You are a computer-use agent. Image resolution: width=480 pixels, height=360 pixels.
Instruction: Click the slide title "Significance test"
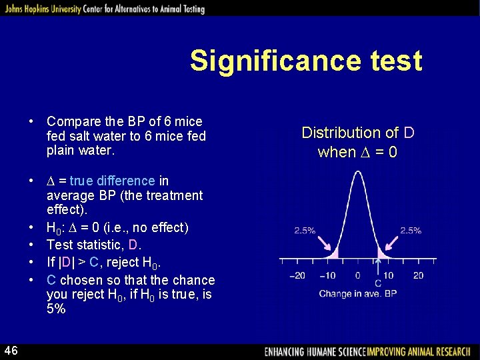coord(306,61)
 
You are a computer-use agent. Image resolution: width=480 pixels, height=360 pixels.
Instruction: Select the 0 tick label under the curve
coord(357,275)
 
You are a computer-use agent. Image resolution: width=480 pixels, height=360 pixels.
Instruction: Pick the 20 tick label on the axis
coord(418,275)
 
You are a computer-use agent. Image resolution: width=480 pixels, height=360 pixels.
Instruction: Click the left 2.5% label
coord(305,231)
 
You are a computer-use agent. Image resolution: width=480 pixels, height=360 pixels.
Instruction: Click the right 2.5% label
coord(410,231)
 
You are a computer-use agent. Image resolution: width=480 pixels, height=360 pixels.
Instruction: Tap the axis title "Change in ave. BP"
coord(357,293)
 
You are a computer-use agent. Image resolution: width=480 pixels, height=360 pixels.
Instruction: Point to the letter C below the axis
coord(378,283)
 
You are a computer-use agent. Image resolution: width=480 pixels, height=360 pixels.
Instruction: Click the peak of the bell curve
coord(357,175)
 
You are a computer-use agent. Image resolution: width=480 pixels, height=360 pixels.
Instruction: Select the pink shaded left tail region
coord(335,253)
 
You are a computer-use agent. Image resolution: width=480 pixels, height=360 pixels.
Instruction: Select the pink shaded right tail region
coord(380,253)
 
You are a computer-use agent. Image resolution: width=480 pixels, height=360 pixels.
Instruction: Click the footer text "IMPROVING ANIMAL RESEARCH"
coord(422,351)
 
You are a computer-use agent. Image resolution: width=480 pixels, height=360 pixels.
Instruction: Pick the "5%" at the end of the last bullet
coord(56,309)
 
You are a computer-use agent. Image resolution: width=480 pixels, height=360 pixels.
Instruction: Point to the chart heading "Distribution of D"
coord(358,133)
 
